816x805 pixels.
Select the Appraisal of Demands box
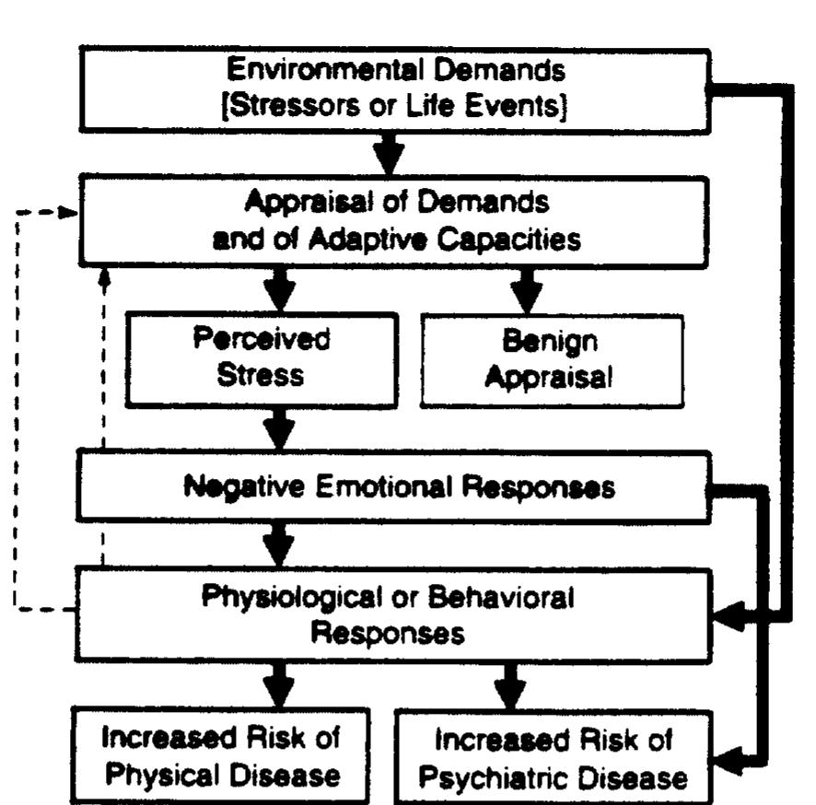click(x=396, y=222)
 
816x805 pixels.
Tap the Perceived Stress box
click(x=262, y=359)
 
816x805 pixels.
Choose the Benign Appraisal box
click(x=551, y=359)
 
